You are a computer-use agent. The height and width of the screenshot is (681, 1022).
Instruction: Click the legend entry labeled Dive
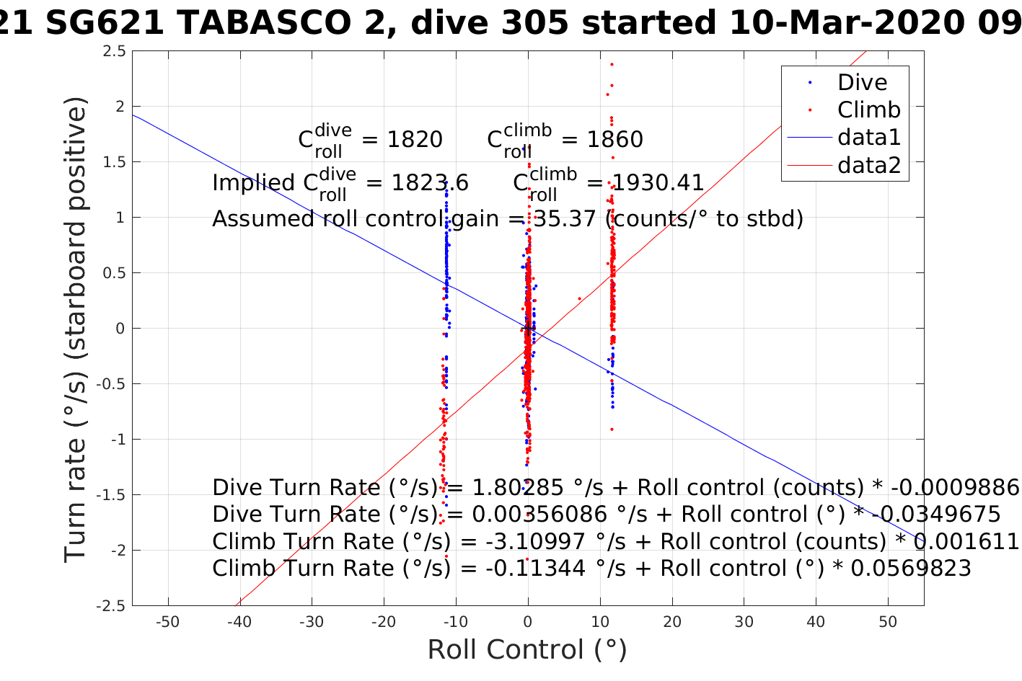pos(861,83)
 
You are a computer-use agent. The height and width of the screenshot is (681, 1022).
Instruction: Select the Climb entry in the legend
pos(868,110)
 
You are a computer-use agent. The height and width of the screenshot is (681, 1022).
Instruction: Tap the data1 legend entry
pos(868,138)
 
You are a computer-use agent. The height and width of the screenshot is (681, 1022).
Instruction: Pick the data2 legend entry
pos(868,165)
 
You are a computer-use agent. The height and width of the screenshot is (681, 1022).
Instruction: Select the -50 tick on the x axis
pos(168,622)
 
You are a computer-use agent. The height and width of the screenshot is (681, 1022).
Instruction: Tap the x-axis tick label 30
pos(744,622)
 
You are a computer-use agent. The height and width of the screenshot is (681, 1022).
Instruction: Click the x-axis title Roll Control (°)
pos(527,650)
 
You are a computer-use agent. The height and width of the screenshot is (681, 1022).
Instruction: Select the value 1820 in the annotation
pos(415,140)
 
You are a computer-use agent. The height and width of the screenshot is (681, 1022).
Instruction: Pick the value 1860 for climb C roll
pos(614,140)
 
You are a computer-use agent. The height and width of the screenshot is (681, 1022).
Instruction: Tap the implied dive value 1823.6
pos(430,184)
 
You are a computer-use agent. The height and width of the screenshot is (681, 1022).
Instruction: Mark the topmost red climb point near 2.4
pos(612,64)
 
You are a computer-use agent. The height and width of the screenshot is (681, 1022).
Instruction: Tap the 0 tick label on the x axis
pos(528,622)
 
